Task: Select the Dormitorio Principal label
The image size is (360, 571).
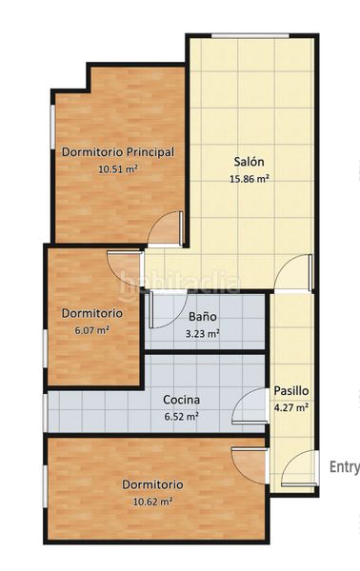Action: [117, 151]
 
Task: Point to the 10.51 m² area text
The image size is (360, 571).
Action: [117, 169]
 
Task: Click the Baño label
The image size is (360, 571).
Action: [201, 316]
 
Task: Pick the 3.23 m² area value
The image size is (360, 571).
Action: [201, 333]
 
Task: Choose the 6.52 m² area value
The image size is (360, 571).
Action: [181, 416]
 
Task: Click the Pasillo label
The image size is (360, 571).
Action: [290, 390]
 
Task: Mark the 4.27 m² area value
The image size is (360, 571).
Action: [290, 407]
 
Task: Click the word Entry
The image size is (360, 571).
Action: [344, 466]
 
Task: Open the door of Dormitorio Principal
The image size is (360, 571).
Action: [168, 226]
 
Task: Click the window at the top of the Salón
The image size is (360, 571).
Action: [250, 37]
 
